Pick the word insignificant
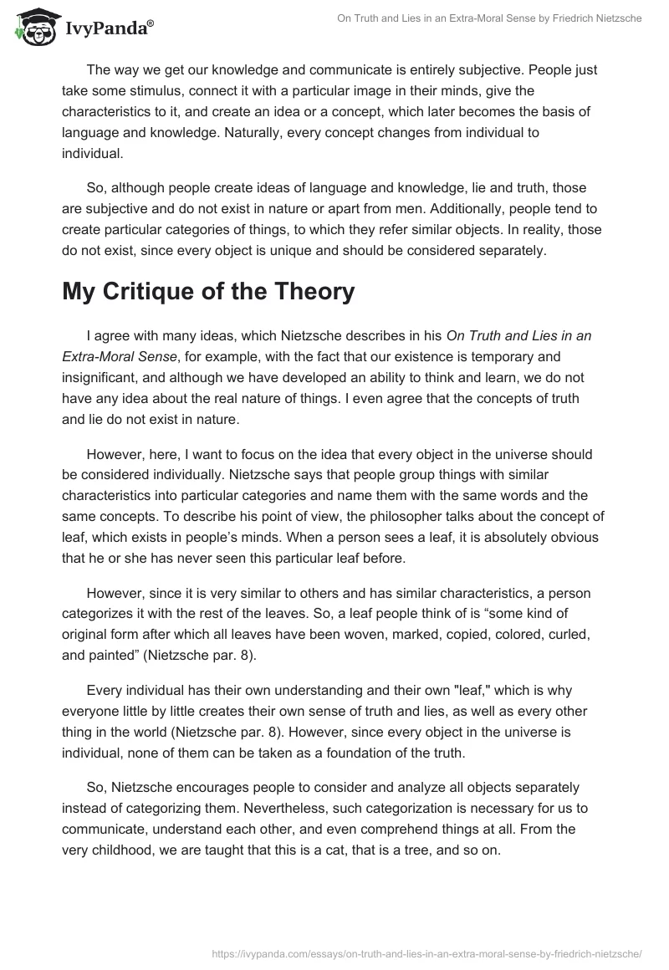click(100, 375)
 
